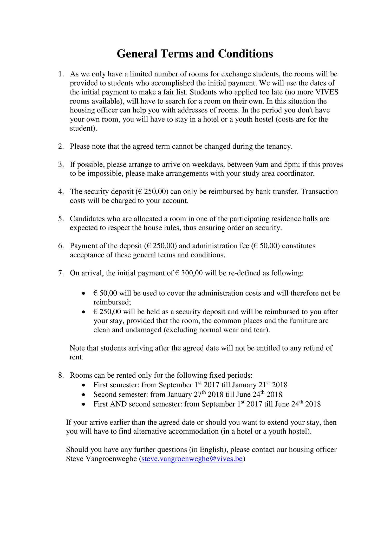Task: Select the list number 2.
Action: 61,147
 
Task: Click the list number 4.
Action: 61,192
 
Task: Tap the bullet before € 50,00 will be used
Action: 83,294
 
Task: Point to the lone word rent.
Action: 76,357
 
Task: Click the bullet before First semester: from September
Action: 83,385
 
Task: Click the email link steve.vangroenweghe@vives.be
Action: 192,459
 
